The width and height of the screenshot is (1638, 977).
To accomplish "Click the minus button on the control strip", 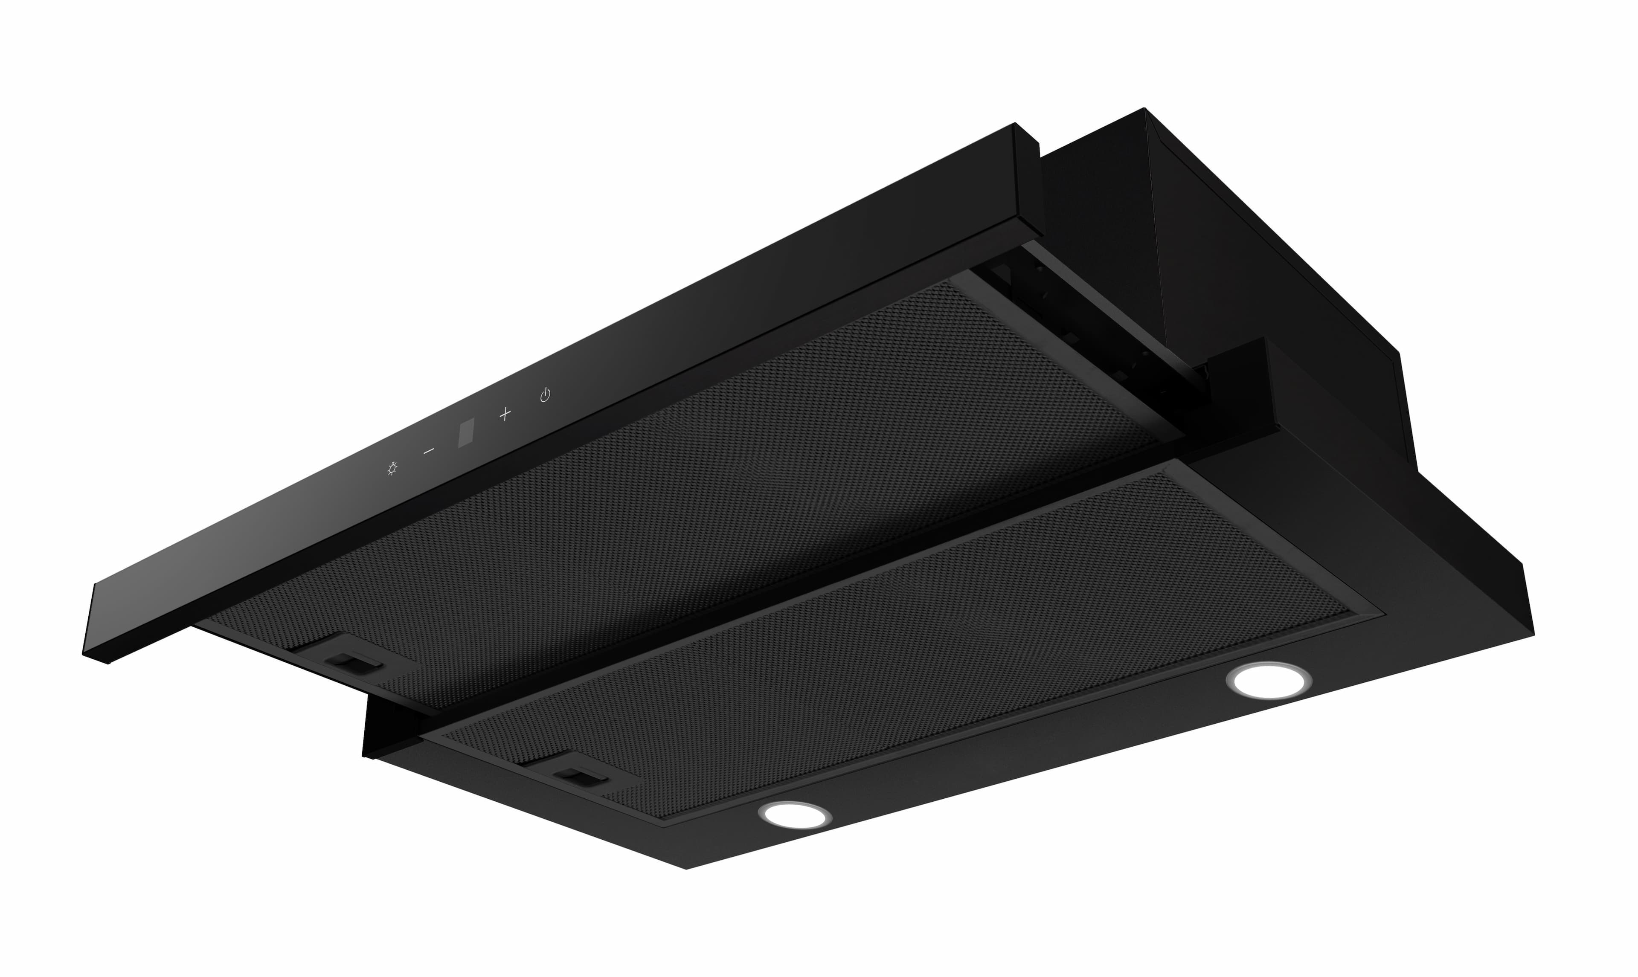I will pyautogui.click(x=429, y=451).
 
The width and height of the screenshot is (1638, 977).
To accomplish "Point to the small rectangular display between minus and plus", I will pyautogui.click(x=466, y=434).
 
